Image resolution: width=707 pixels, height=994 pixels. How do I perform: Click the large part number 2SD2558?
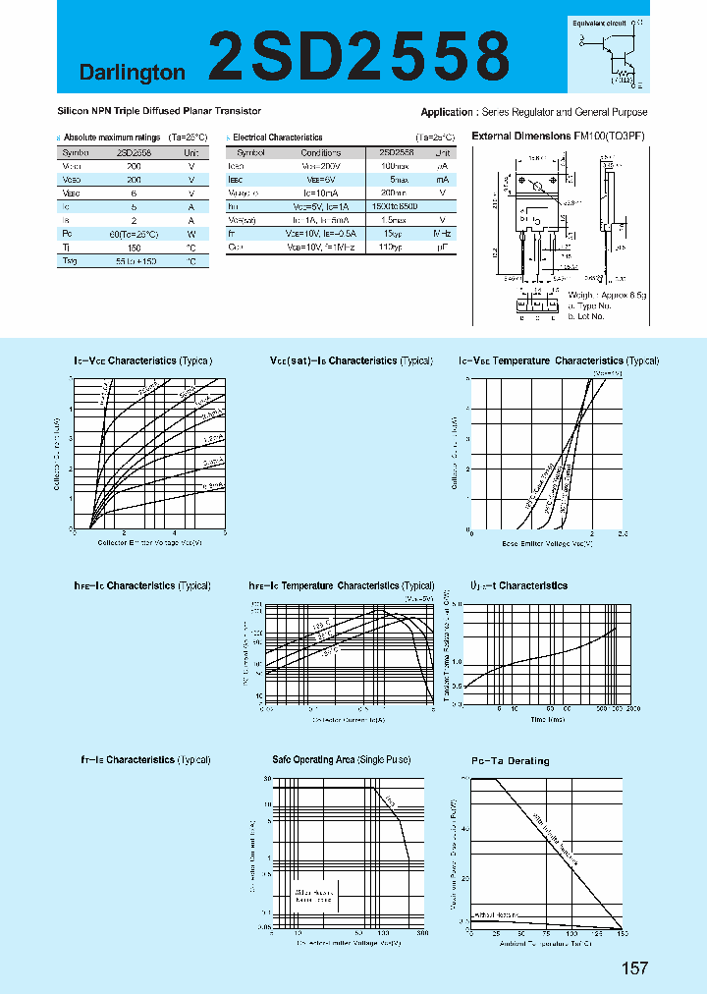[x=359, y=54]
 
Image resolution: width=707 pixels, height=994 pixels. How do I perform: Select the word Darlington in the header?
[x=132, y=73]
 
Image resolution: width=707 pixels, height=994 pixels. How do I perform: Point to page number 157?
[x=635, y=968]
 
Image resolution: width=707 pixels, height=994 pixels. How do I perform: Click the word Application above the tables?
[x=448, y=113]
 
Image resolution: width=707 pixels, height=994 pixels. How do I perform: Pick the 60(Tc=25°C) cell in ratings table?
[x=135, y=235]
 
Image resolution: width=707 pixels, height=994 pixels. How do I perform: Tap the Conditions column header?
[x=320, y=153]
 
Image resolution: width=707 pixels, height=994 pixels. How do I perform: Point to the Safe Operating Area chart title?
[x=341, y=760]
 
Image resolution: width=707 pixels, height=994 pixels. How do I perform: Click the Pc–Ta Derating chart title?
[x=511, y=760]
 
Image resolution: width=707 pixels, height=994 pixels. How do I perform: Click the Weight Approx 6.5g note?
[x=606, y=294]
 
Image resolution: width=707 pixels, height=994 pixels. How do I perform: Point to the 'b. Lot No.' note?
[x=586, y=315]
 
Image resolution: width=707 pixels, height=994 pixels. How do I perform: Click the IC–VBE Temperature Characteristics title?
[x=559, y=361]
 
